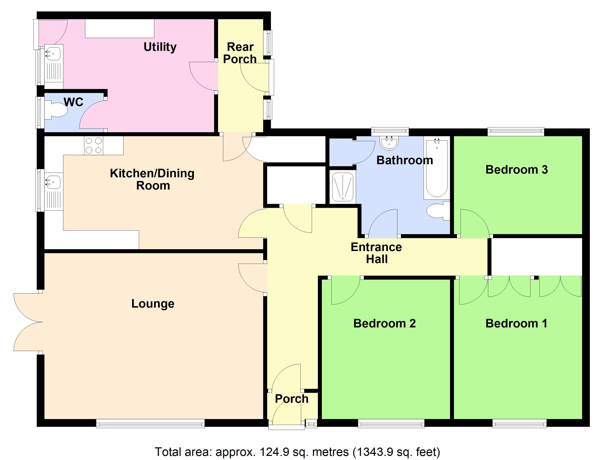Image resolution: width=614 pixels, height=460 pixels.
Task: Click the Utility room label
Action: point(160,47)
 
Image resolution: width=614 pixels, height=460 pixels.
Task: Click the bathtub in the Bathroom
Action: point(436,170)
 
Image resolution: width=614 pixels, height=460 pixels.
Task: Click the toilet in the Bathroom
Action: point(438,211)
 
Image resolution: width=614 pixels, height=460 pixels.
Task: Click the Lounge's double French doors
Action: point(28,322)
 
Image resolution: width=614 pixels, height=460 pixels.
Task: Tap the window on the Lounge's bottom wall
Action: point(150,423)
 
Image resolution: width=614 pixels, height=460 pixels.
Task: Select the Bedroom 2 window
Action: point(391,423)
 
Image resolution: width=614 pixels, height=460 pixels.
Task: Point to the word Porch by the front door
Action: point(291,399)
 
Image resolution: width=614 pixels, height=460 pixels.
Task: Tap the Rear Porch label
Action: point(240,53)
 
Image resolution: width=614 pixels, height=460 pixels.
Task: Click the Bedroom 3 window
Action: point(516,131)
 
